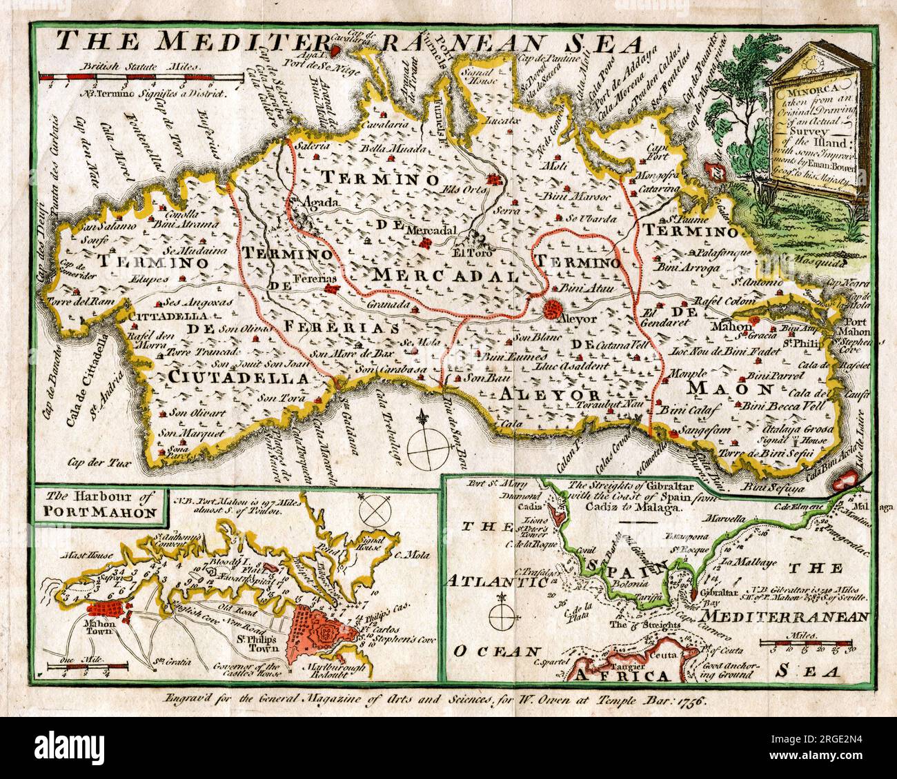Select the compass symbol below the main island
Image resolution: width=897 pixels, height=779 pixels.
pos(427,445)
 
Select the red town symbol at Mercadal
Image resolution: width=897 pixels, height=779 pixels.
pos(428,243)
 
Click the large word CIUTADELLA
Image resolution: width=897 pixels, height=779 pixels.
pos(237,378)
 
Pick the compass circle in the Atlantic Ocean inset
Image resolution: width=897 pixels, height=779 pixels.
pos(502,614)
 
